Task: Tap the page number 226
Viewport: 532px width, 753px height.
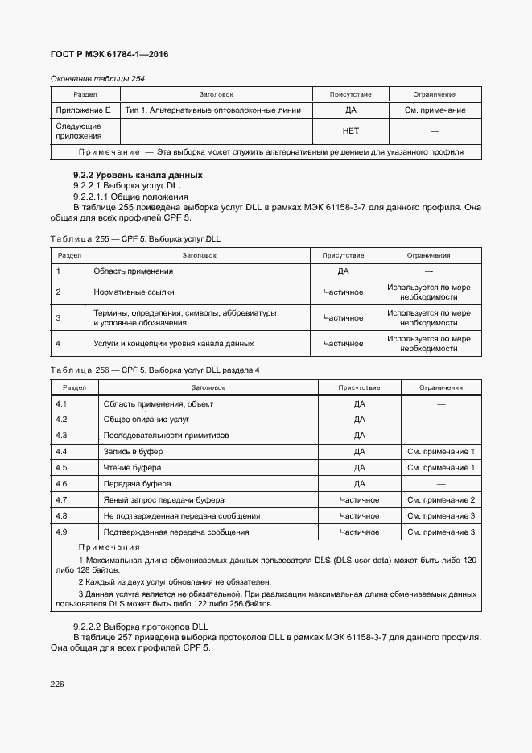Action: (x=57, y=684)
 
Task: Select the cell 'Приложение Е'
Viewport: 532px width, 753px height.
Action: (x=83, y=110)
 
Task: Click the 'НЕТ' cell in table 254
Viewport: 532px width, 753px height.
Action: (x=351, y=130)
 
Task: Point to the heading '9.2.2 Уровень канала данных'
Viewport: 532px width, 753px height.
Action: (x=138, y=175)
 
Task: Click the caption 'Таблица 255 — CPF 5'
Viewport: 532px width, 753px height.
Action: (x=134, y=239)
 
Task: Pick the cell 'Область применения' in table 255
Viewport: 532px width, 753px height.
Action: (x=133, y=271)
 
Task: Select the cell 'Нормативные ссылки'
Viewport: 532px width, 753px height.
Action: (x=134, y=292)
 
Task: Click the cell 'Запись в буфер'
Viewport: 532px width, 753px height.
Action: (x=133, y=452)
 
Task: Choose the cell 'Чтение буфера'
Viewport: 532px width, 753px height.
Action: (x=132, y=468)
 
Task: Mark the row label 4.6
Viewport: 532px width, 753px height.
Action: (x=61, y=484)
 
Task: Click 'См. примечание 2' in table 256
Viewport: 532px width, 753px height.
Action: (x=440, y=500)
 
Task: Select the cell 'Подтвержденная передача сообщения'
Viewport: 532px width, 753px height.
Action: (x=176, y=532)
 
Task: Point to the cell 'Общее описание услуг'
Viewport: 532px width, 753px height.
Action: (x=146, y=420)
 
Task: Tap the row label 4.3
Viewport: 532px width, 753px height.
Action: (x=61, y=436)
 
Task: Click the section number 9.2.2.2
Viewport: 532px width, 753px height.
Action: (x=91, y=627)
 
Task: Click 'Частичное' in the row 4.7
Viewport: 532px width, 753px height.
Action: (x=359, y=500)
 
